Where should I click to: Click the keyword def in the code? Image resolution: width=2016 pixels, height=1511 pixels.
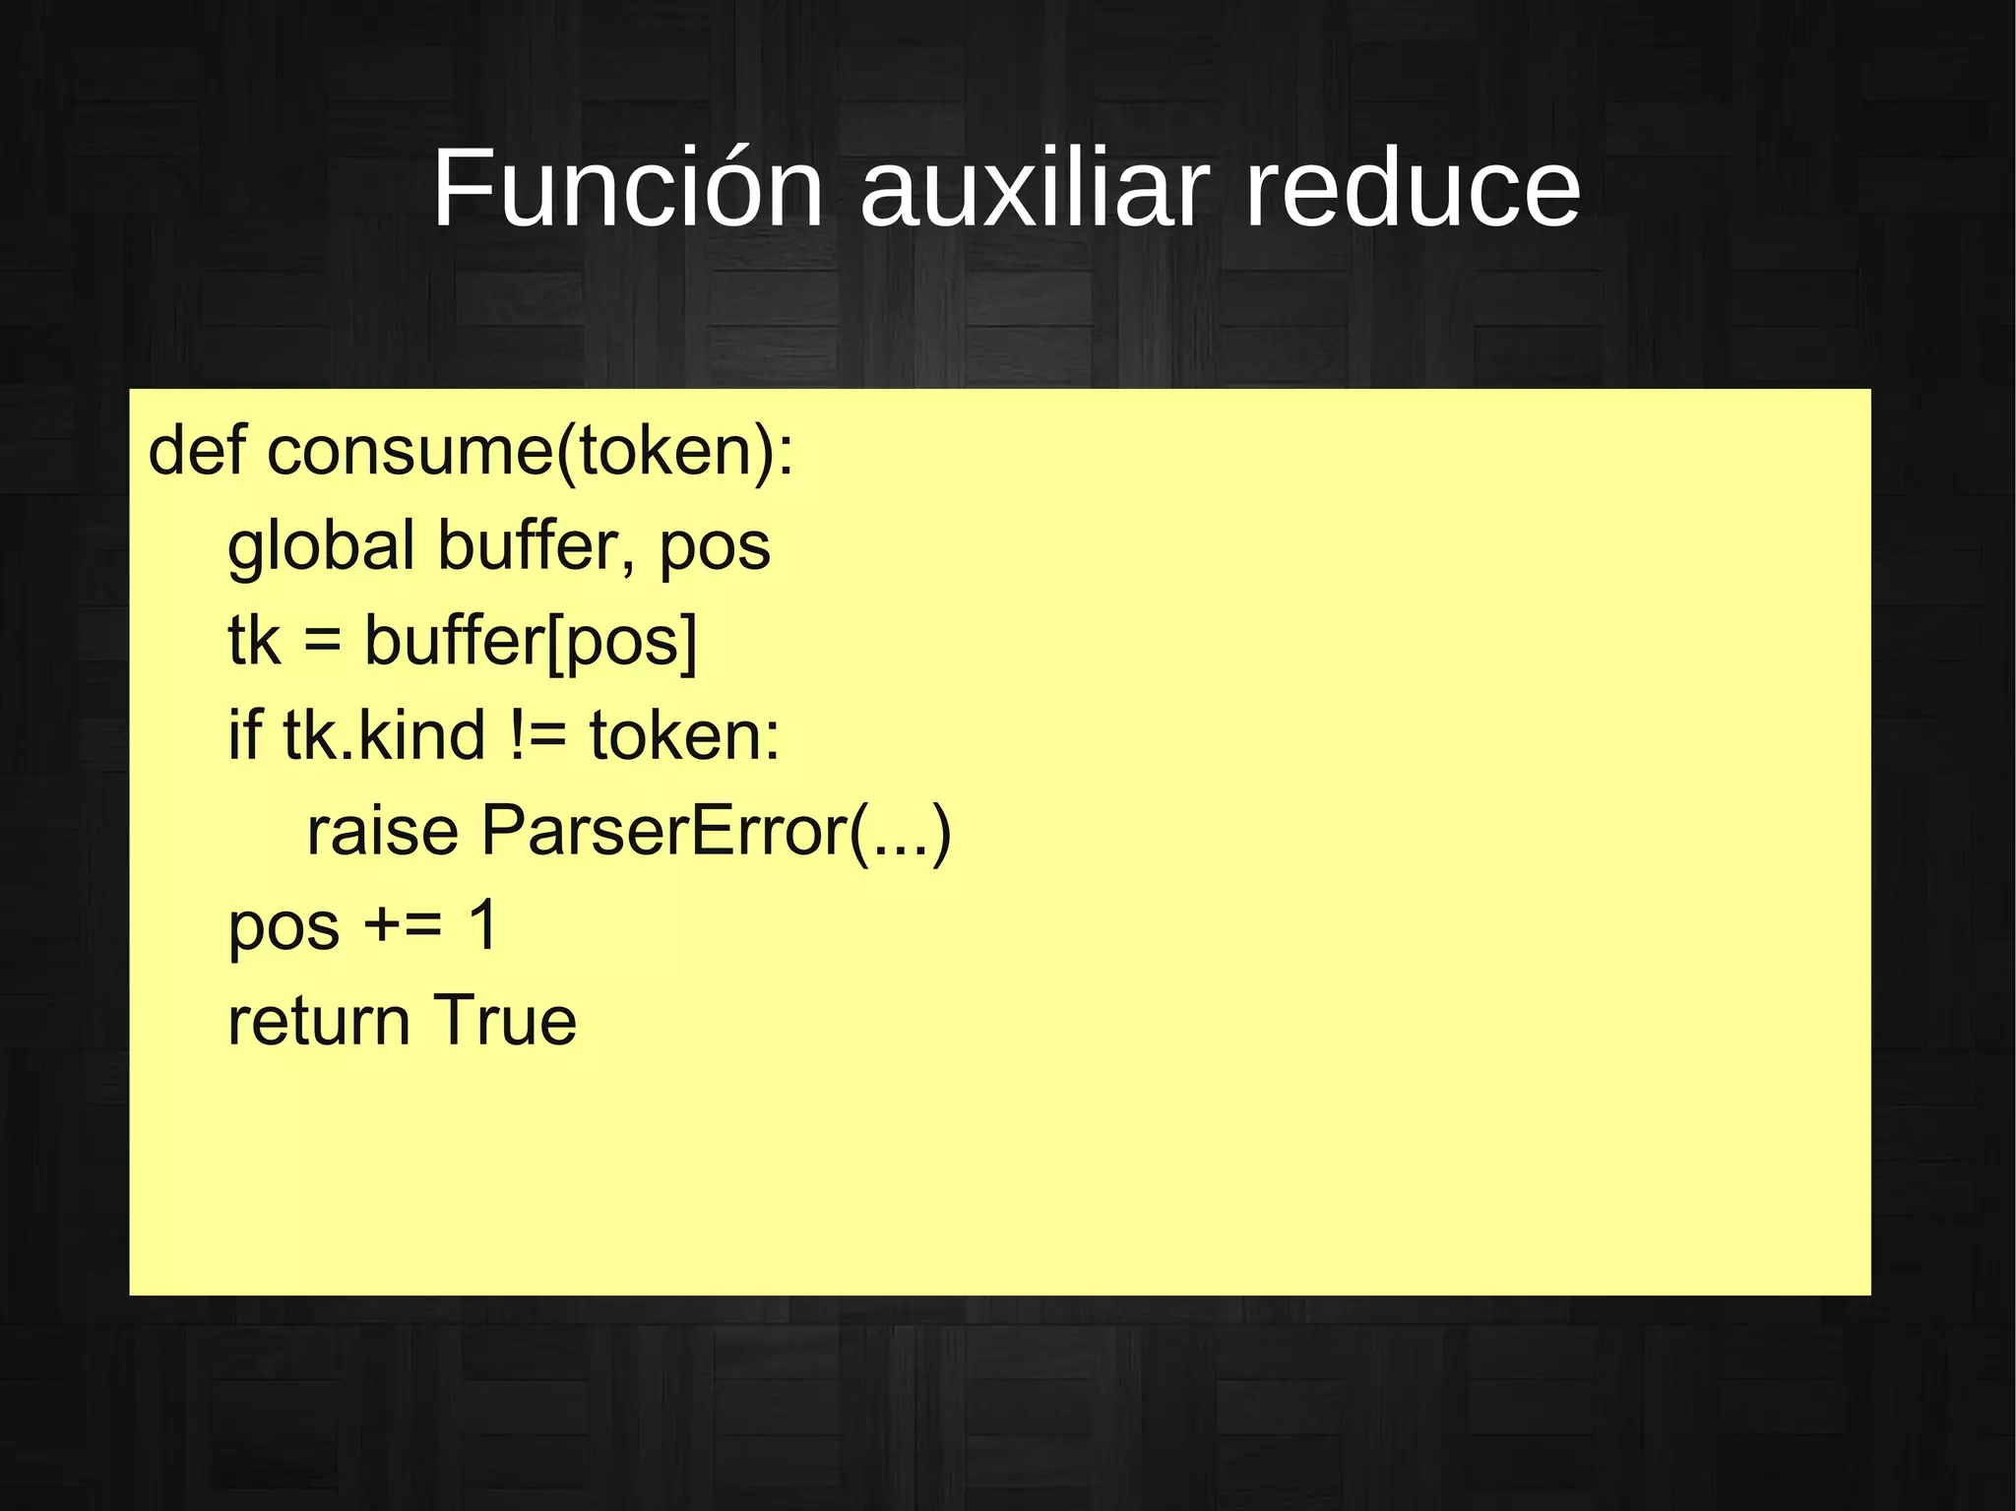(x=196, y=450)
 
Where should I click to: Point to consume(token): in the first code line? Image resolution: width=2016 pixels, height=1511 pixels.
(x=530, y=452)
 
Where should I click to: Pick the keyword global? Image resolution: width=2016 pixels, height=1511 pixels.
(x=321, y=546)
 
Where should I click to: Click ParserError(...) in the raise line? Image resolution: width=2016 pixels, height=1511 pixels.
(x=716, y=831)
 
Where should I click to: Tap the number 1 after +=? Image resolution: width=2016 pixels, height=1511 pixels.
(x=483, y=924)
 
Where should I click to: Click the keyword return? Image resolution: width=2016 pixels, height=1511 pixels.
(x=319, y=1021)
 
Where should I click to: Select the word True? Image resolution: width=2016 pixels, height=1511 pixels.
(x=504, y=1020)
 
